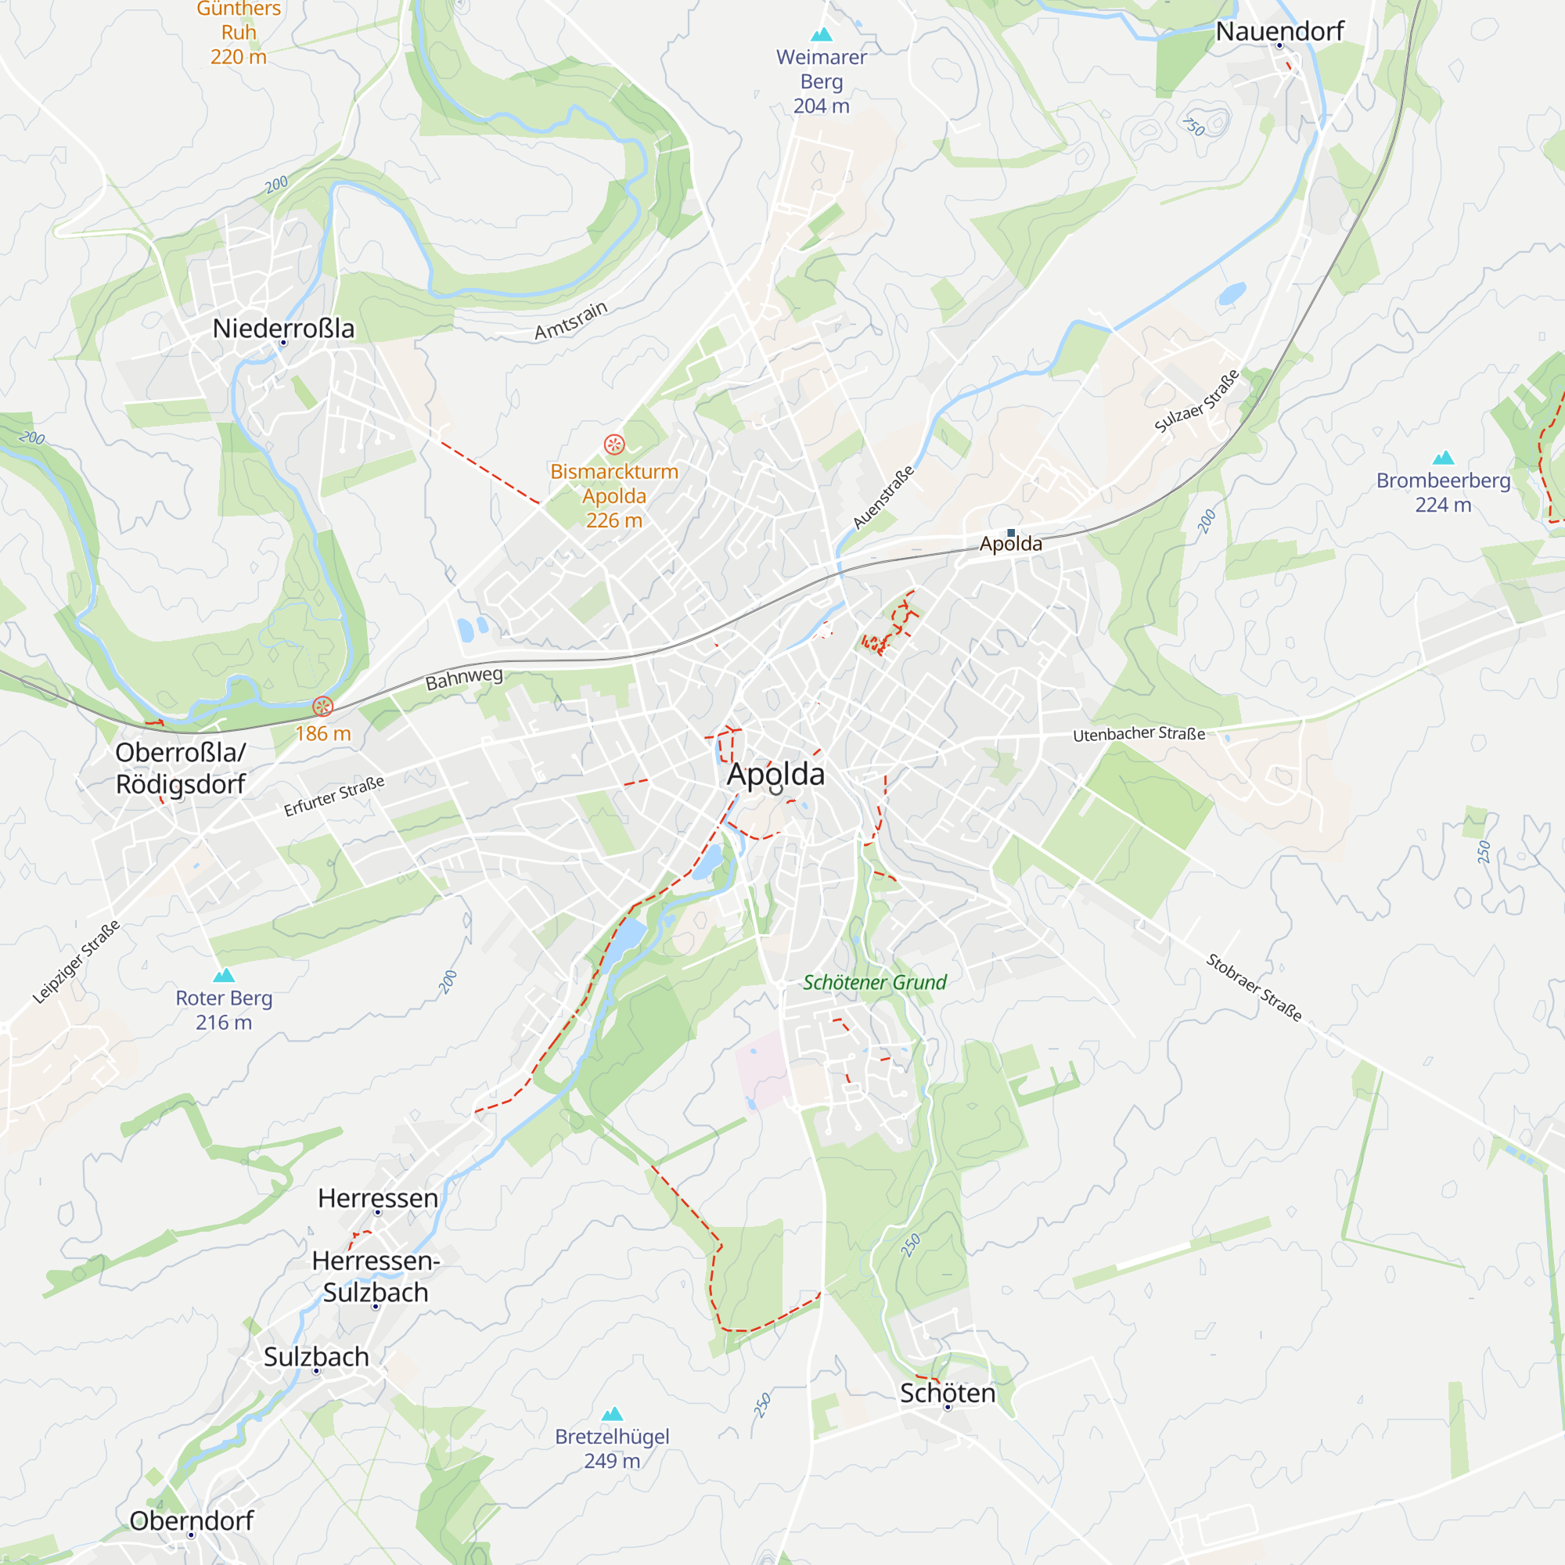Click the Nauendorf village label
[1279, 31]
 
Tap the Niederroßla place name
[283, 328]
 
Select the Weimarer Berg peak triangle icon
[822, 34]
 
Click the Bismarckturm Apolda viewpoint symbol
[614, 444]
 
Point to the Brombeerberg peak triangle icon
[1443, 458]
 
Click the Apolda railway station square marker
[1011, 532]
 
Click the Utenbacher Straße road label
[1138, 734]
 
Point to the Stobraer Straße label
[1253, 988]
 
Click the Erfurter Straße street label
[334, 796]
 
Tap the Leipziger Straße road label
[76, 962]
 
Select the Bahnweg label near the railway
[464, 678]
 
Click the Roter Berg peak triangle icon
[224, 975]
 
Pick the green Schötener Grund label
[874, 982]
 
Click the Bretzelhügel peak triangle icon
[613, 1413]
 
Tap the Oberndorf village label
[191, 1520]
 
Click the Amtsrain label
[570, 321]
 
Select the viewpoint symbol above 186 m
[322, 707]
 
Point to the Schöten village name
[947, 1393]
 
